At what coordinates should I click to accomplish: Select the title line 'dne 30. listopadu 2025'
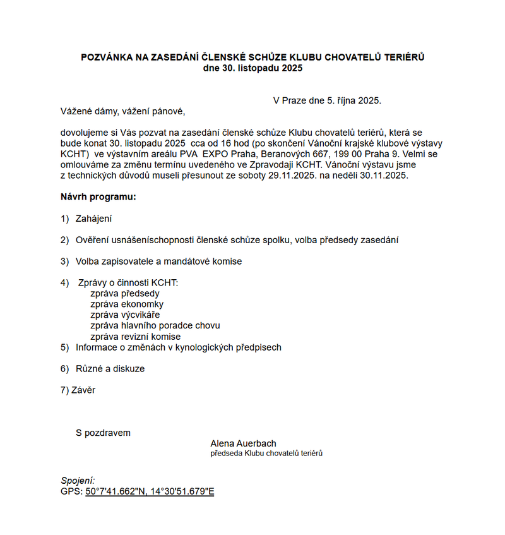point(252,68)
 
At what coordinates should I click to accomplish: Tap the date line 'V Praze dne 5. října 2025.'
point(327,100)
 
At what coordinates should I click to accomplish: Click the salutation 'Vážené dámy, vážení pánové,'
point(122,112)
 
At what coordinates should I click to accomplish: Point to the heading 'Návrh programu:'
point(98,197)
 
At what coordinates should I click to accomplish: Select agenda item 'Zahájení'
point(93,219)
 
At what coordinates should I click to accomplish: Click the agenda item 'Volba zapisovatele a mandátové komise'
point(158,261)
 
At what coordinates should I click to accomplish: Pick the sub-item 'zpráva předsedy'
point(125,294)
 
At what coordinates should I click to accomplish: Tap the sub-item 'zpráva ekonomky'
point(127,304)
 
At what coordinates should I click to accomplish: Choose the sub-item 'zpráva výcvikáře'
point(125,315)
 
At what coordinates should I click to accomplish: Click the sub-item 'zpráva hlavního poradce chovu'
point(155,326)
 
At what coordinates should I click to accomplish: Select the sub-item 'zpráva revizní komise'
point(135,337)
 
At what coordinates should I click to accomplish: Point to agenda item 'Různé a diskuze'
point(110,369)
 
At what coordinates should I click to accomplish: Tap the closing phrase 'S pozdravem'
point(103,433)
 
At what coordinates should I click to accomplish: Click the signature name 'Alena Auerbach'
point(243,444)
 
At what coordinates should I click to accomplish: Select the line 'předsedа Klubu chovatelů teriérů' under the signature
point(266,454)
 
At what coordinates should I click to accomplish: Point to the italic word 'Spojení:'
point(78,481)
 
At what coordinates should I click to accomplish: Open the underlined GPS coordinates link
point(150,491)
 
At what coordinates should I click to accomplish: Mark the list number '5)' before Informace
point(64,347)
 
